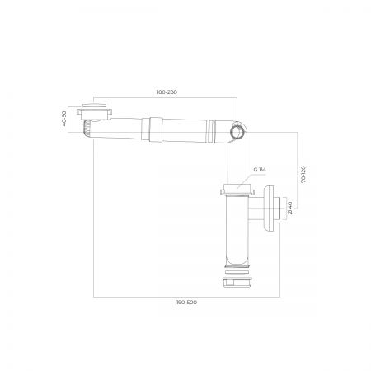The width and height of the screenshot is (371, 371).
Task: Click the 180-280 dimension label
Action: pos(167,92)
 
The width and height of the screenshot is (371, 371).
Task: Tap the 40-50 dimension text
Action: pos(64,118)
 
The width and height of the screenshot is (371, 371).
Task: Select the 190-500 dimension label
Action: pos(186,303)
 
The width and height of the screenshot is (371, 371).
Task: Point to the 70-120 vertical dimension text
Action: pos(303,175)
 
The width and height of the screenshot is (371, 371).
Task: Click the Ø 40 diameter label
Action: pos(290,208)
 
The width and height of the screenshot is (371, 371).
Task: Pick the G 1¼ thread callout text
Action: pos(260,170)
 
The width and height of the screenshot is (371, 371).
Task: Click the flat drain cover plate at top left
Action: pos(94,106)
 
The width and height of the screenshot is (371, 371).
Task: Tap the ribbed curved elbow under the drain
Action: pos(87,129)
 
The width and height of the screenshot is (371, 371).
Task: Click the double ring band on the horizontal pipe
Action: pos(211,131)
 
